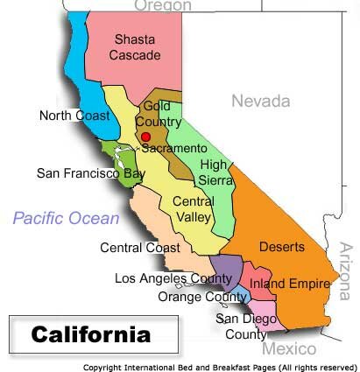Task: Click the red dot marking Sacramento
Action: [x=146, y=137]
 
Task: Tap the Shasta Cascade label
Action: [x=137, y=47]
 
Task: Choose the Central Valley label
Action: [x=194, y=210]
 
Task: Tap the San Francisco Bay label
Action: [x=91, y=173]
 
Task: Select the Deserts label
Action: [x=282, y=247]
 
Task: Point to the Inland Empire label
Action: [x=289, y=284]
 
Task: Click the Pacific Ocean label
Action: [x=66, y=219]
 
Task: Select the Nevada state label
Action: [x=260, y=102]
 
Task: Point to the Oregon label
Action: [x=162, y=6]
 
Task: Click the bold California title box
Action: [x=91, y=334]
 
